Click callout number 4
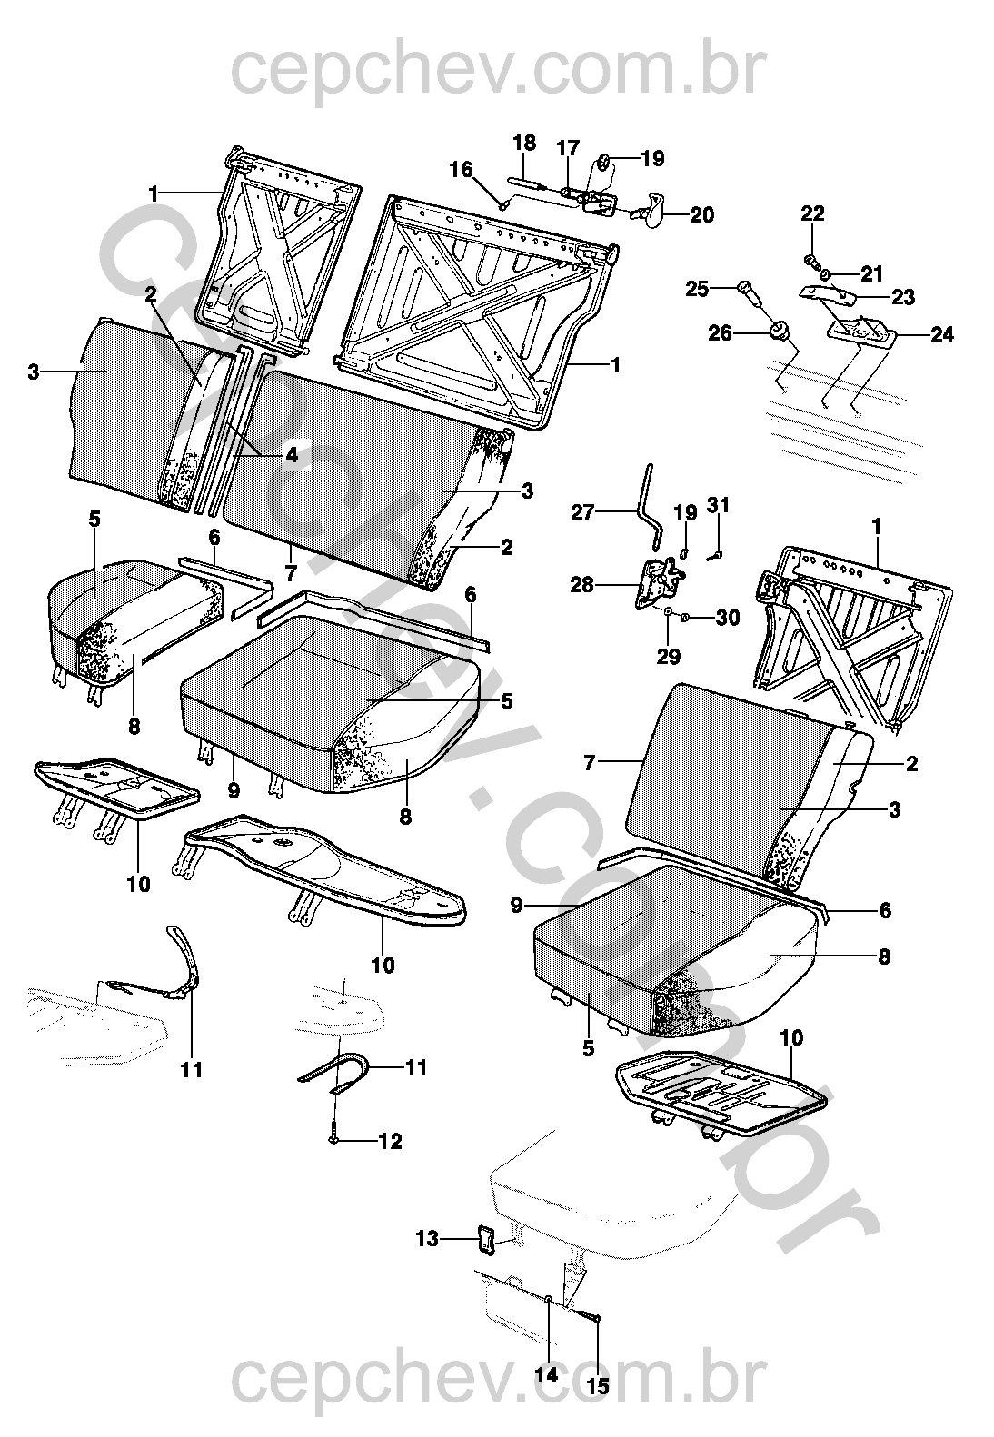291,456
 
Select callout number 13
427,1238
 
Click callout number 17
567,148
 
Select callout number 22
812,213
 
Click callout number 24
942,335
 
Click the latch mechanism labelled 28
659,584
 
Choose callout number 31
718,505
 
